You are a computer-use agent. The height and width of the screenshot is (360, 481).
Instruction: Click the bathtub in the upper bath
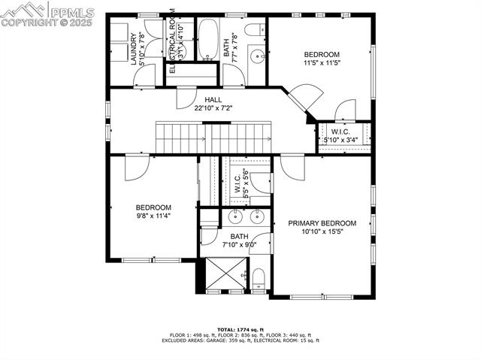(207, 39)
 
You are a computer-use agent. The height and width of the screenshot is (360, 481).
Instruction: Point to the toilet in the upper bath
(256, 31)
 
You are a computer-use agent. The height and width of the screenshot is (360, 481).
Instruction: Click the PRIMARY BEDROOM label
(322, 223)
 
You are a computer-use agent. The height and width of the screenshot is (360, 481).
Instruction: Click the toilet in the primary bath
(258, 280)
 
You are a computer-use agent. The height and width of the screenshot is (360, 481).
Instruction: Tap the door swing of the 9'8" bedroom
(138, 166)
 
